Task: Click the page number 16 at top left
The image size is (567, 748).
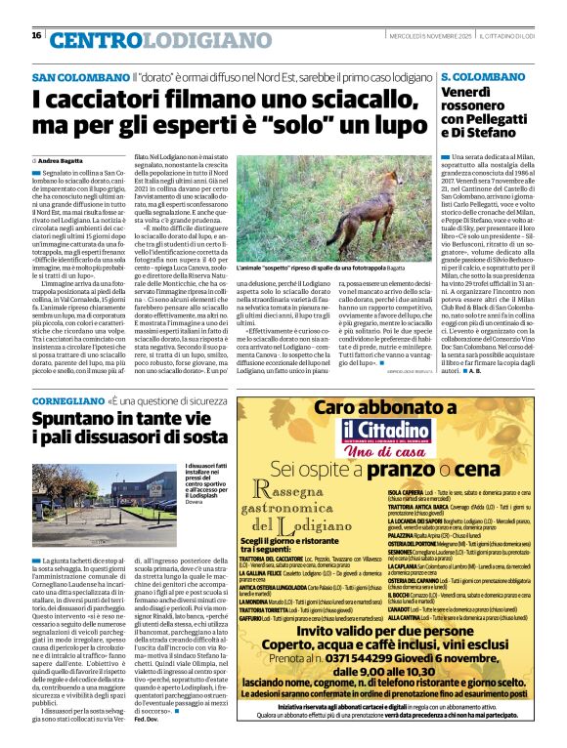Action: coord(36,35)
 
